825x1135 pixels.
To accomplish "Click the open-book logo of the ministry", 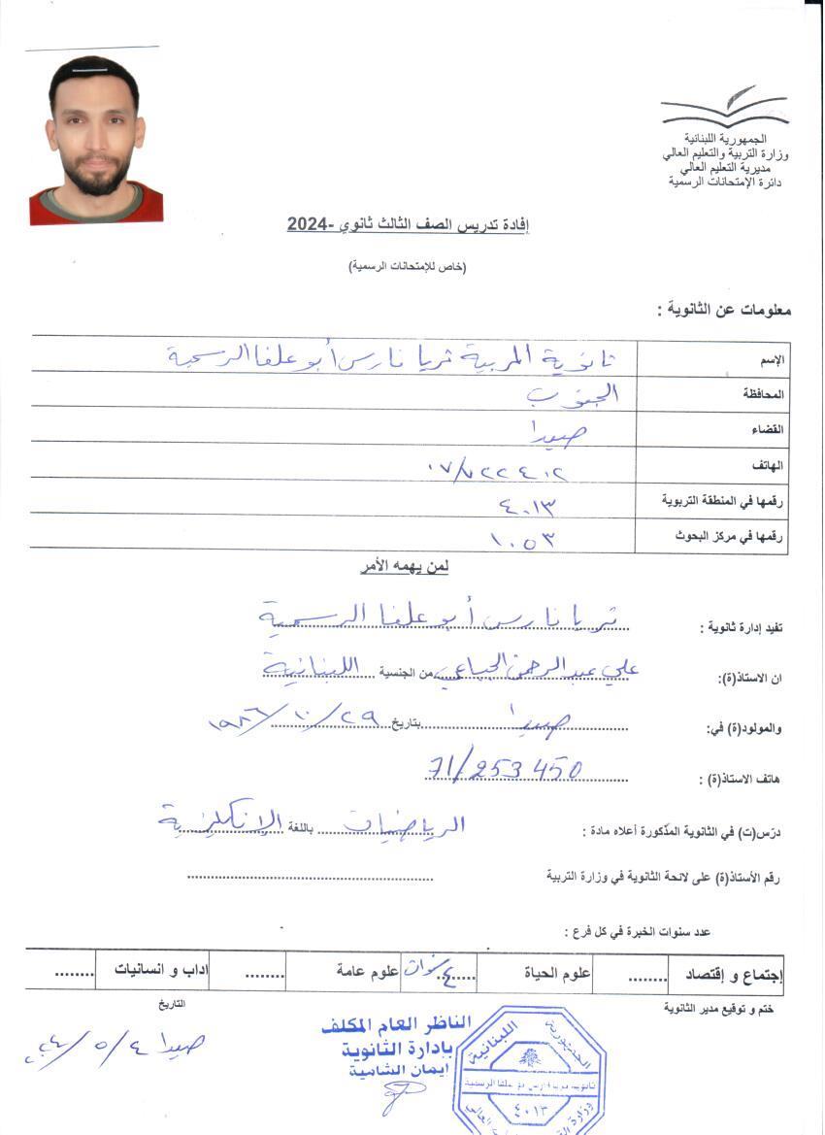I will coord(723,107).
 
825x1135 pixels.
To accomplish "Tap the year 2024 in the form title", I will coord(310,225).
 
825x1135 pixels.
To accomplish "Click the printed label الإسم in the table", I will coord(773,360).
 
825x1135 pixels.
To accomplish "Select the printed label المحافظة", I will coord(764,395).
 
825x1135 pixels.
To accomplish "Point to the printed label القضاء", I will coord(770,429).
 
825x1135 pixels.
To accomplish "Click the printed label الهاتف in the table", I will coord(770,465).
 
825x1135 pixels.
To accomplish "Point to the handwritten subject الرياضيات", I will coord(407,826).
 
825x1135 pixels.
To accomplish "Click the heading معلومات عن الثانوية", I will coord(724,311).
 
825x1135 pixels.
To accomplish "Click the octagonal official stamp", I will coord(529,1068).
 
